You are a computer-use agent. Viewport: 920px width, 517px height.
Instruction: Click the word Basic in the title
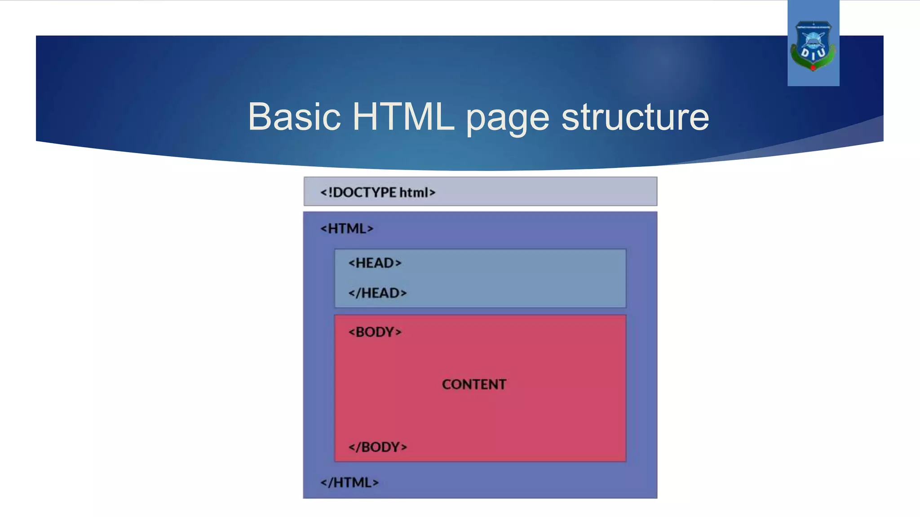point(294,117)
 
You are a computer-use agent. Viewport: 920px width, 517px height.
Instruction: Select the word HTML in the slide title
point(403,117)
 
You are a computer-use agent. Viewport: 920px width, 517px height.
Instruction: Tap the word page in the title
point(508,119)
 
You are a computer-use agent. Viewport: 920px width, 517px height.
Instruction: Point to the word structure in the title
point(635,117)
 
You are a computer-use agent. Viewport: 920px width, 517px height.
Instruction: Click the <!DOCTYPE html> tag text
point(378,193)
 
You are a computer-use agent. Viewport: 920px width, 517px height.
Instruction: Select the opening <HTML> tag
point(347,229)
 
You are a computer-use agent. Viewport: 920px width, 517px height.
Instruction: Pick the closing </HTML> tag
point(349,483)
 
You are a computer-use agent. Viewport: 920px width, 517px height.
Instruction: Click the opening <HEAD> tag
point(375,263)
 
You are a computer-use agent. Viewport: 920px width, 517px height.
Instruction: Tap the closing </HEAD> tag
point(377,293)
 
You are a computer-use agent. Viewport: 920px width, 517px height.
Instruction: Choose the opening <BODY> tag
point(375,332)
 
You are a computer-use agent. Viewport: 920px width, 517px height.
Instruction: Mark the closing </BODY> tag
point(378,447)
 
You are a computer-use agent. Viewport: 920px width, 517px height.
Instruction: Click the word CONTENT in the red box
point(474,385)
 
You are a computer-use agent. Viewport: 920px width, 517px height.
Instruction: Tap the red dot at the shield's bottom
point(813,68)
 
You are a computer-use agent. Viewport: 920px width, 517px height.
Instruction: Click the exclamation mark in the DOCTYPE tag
point(330,193)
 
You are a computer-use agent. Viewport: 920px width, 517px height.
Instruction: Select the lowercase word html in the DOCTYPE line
point(414,193)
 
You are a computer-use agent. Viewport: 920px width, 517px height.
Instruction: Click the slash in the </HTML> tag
point(331,483)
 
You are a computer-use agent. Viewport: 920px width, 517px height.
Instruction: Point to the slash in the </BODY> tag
point(358,447)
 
